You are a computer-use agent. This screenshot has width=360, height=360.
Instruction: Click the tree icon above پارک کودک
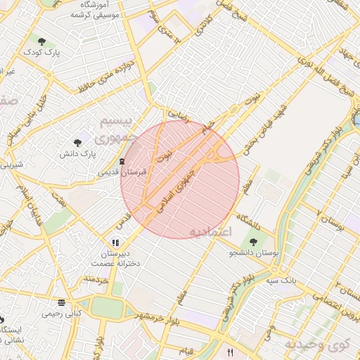(41, 41)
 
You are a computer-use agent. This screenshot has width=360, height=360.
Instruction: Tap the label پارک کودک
(41, 53)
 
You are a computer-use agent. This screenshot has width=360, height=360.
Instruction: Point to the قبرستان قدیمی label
(121, 172)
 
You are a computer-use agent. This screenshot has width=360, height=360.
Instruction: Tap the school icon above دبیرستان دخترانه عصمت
(115, 243)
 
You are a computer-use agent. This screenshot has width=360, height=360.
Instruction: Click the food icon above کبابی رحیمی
(62, 302)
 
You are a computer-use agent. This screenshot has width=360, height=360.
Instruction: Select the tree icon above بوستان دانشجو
(253, 242)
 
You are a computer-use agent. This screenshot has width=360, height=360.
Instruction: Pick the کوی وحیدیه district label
(317, 345)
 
